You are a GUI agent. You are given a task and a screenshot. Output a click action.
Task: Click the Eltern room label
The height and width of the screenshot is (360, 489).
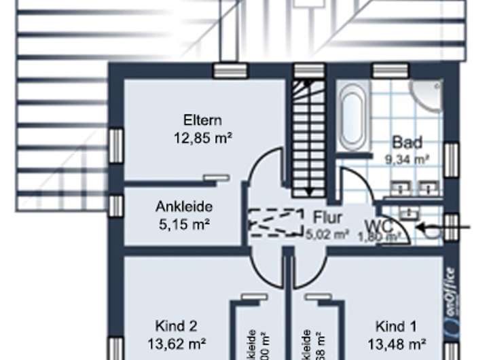click(202, 121)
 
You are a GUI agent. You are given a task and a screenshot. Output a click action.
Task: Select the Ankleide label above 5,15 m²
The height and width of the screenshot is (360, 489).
click(185, 206)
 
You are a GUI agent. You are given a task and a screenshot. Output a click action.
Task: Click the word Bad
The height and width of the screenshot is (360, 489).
click(407, 143)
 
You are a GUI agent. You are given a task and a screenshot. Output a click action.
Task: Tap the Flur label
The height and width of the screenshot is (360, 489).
click(327, 219)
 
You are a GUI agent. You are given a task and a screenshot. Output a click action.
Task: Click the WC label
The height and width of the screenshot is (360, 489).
click(378, 225)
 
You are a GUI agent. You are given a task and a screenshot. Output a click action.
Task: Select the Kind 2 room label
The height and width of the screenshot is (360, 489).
click(176, 325)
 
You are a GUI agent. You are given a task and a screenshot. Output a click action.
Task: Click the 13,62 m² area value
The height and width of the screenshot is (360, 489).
click(177, 342)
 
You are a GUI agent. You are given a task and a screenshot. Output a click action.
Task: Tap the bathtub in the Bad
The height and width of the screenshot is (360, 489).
click(353, 116)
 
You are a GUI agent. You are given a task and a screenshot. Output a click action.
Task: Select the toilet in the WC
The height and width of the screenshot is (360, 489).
click(429, 229)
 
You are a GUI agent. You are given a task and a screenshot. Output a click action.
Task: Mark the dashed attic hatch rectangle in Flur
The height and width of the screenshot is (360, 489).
click(276, 222)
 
